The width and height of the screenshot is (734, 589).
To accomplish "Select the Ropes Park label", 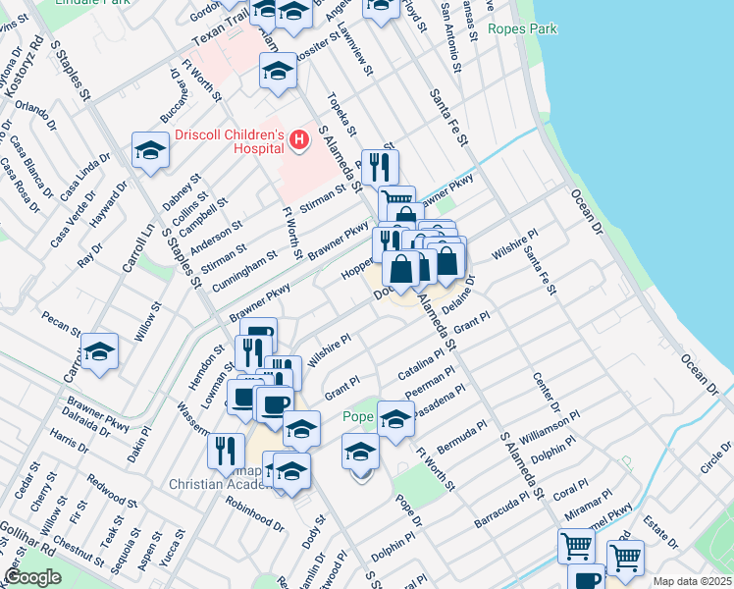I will [x=522, y=29].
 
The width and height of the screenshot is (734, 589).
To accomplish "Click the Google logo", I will [x=31, y=577].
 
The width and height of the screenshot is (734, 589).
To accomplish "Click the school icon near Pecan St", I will [x=99, y=350].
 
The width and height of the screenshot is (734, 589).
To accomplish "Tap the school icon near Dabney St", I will [x=150, y=149].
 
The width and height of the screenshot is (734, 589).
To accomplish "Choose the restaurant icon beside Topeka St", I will [x=379, y=165].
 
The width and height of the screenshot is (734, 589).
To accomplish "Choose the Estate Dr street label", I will [x=664, y=542].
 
